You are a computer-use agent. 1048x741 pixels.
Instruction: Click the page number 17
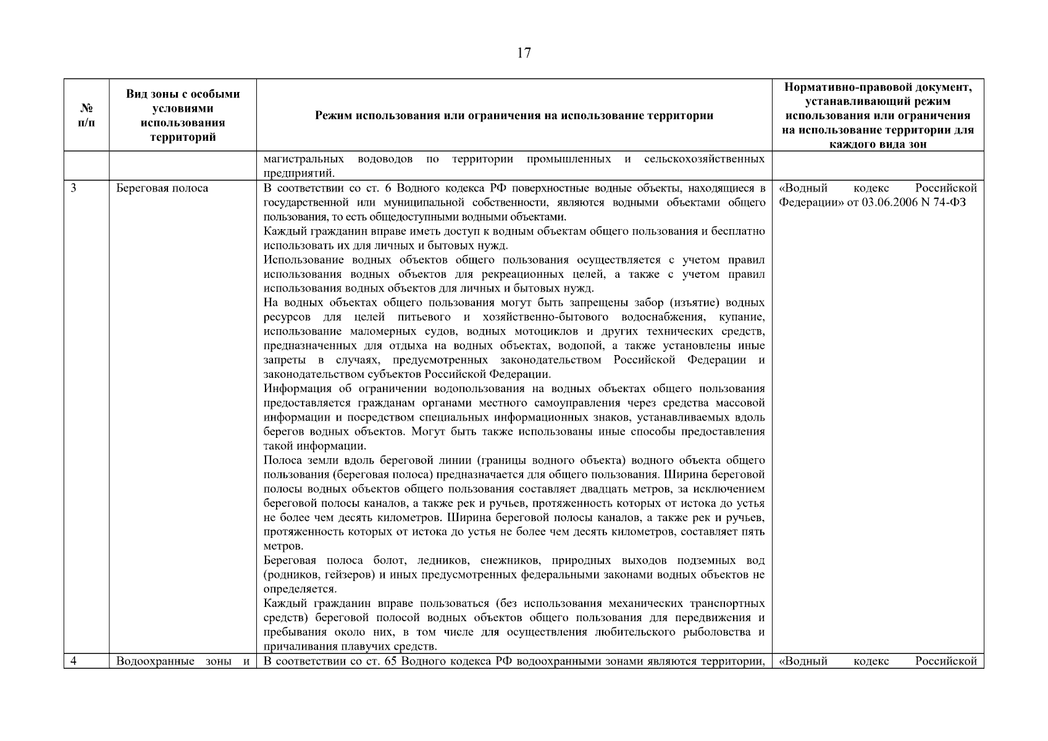(524, 53)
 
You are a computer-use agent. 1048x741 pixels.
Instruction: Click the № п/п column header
(86, 115)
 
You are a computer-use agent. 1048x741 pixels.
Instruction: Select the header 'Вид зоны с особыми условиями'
(183, 115)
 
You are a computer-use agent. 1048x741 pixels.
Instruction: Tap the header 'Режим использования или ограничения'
(514, 115)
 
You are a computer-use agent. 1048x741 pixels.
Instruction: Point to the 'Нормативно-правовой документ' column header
(878, 115)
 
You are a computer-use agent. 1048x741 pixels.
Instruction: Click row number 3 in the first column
(73, 188)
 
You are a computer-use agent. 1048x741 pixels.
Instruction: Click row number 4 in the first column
(73, 661)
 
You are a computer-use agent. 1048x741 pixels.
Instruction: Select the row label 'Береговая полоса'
(162, 188)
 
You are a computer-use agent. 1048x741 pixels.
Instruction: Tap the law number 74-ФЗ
(948, 203)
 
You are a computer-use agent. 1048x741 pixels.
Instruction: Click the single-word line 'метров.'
(283, 546)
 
